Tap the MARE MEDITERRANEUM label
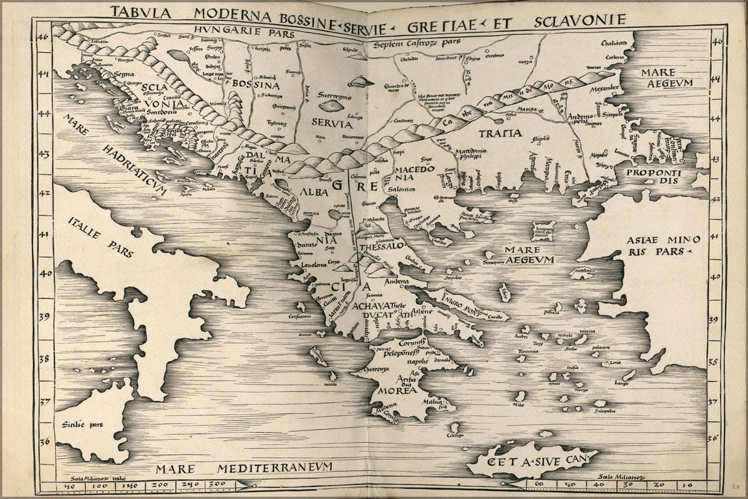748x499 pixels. click(245, 468)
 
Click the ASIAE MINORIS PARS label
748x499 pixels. click(655, 246)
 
